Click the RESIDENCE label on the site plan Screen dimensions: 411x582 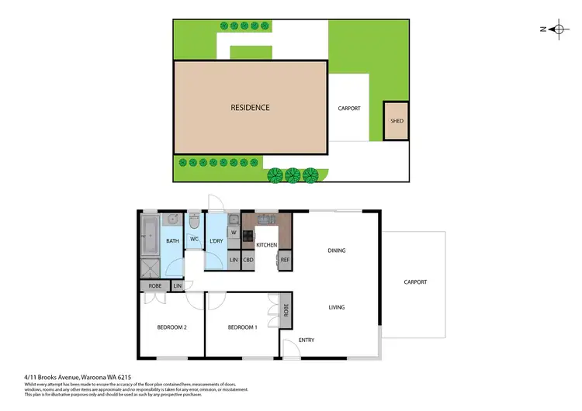(x=250, y=107)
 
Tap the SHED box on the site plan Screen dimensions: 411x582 (x=397, y=121)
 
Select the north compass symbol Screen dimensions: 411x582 (x=557, y=29)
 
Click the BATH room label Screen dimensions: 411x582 (x=172, y=241)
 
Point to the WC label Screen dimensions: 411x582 (x=195, y=241)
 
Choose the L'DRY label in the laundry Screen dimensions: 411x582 (x=217, y=241)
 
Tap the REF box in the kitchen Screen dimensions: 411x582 (x=285, y=260)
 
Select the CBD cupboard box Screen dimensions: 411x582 (x=248, y=260)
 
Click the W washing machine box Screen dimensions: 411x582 (x=233, y=232)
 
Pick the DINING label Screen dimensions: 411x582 (x=336, y=250)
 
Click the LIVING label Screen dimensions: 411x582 (x=336, y=307)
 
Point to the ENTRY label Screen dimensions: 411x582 (x=307, y=340)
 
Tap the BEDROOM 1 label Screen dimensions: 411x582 (x=241, y=327)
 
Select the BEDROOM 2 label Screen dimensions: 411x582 (x=171, y=327)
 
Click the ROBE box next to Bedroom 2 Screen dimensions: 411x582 (x=155, y=286)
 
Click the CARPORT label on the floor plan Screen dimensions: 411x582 (x=415, y=282)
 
